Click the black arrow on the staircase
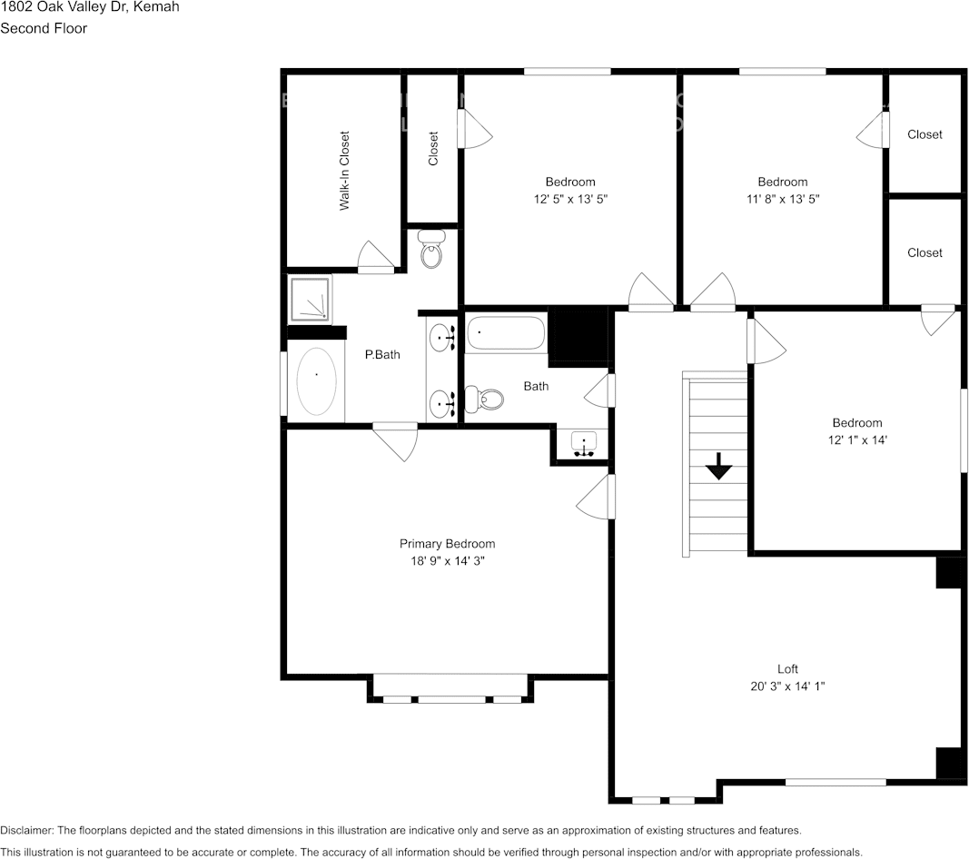[x=719, y=467]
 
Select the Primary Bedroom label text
[x=447, y=544]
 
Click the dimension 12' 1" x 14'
[x=857, y=439]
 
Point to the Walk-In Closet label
[x=344, y=172]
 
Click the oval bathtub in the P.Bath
[x=316, y=381]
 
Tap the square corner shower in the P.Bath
[x=310, y=299]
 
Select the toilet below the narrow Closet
[x=431, y=250]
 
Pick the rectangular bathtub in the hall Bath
[x=507, y=332]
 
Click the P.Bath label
[x=382, y=355]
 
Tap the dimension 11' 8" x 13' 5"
[x=782, y=198]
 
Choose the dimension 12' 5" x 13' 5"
[x=569, y=198]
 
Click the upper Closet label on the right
[x=925, y=134]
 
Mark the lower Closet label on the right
[x=925, y=252]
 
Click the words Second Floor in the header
[x=44, y=28]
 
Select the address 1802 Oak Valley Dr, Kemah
[x=89, y=7]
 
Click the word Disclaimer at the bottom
[x=26, y=830]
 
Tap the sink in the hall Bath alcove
[x=583, y=444]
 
